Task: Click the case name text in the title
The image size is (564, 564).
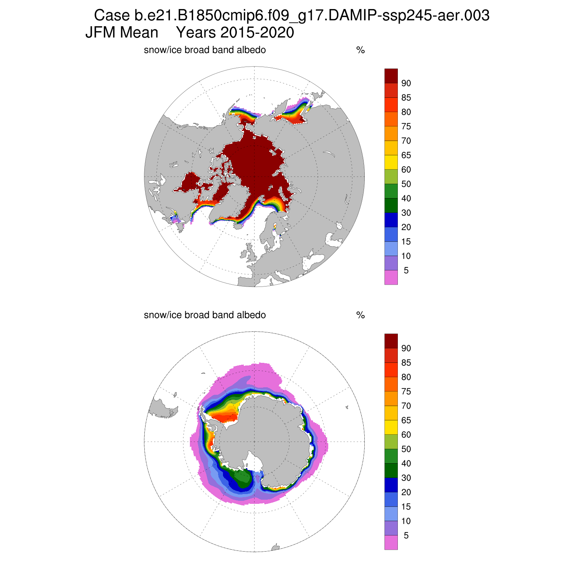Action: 291,16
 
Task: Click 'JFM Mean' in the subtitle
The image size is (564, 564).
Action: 122,33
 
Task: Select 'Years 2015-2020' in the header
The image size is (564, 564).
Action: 235,33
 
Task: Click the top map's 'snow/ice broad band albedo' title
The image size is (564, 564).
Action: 205,50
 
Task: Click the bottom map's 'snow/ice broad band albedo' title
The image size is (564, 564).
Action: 205,315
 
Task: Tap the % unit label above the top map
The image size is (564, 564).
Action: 360,50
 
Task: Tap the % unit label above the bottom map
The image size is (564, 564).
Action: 360,315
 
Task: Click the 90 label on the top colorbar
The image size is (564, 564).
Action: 406,83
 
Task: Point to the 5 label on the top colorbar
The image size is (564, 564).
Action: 406,271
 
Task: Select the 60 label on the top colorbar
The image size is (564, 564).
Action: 406,170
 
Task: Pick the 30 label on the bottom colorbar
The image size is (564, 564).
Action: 406,478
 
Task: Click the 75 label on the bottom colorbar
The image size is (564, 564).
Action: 406,392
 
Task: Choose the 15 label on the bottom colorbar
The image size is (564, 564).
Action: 406,507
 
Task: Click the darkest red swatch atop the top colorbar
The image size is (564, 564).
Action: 391,76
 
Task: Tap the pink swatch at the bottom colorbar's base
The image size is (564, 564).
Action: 391,543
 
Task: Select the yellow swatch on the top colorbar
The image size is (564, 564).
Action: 391,162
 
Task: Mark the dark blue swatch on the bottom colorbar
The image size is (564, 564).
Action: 391,485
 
